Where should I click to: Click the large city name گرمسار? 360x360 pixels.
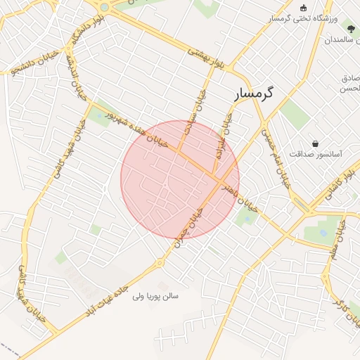pos(255,93)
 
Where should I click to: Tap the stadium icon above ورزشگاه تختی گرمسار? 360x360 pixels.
pos(303,8)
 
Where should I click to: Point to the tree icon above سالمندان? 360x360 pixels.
pos(351,28)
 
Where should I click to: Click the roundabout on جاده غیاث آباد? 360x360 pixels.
pos(160,263)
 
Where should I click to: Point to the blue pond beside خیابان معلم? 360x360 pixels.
pos(323,231)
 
